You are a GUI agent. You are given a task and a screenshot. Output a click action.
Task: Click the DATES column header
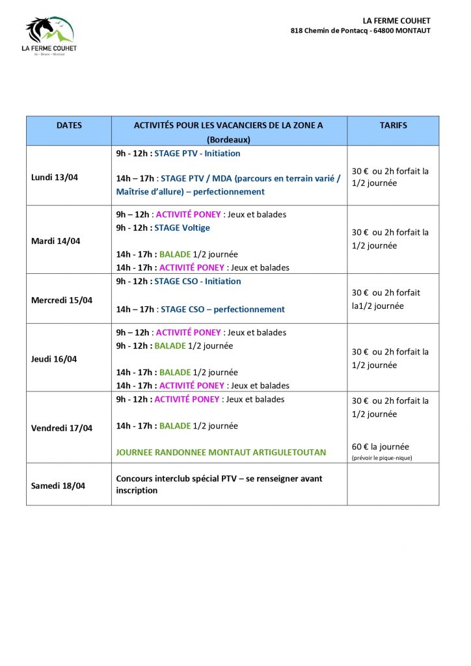coord(69,125)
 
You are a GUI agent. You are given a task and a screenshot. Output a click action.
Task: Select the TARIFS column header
coord(393,125)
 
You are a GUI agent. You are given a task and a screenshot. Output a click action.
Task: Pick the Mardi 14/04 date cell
coord(55,241)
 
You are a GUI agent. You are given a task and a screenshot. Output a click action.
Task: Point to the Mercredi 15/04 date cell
coord(62,300)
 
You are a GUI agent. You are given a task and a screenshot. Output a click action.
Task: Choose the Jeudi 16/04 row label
coord(54,359)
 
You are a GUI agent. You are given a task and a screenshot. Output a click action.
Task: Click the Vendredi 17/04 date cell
coord(62,428)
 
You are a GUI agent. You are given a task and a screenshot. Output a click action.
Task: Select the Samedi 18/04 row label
coord(58,486)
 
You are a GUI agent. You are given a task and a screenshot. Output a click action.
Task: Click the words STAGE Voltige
coord(182,228)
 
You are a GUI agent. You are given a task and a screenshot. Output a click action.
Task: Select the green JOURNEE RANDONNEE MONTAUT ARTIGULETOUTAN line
coord(221,452)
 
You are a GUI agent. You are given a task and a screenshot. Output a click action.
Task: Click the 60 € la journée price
coord(381,447)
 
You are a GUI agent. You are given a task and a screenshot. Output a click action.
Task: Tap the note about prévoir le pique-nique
coord(382,458)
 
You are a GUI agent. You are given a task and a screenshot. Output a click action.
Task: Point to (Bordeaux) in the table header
coord(228,139)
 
